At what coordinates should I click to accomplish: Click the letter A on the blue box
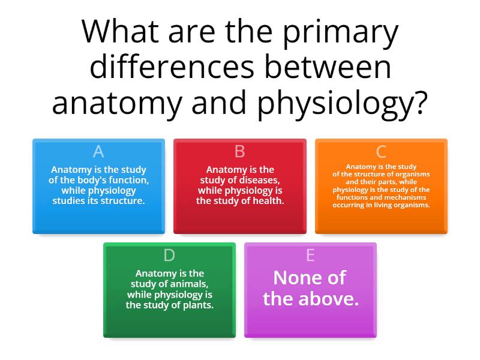tap(98, 152)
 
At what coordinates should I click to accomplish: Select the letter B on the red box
tap(239, 152)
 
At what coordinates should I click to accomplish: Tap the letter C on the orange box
tap(381, 152)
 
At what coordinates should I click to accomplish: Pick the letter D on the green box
tap(169, 256)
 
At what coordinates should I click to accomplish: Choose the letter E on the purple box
tap(310, 256)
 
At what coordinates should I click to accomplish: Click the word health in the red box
tap(269, 201)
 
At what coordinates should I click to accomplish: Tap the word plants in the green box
tap(199, 305)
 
